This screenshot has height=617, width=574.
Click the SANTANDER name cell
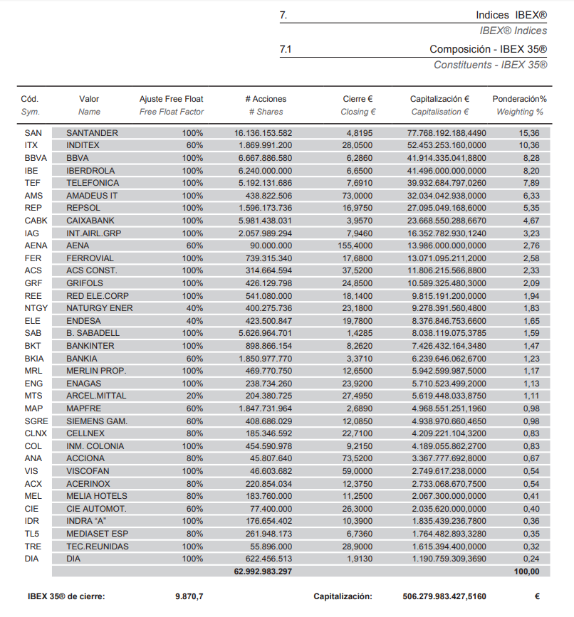coord(92,133)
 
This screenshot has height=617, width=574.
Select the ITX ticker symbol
coord(31,145)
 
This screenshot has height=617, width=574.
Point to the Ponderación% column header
coord(519,99)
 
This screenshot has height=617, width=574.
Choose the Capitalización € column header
coord(439,99)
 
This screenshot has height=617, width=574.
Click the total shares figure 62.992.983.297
coord(263,571)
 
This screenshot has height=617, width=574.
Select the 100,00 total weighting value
coord(528,571)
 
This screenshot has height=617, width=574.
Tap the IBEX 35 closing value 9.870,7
coord(189,596)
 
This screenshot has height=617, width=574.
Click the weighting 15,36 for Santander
coord(529,133)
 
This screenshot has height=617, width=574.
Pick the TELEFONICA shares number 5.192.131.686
coord(263,183)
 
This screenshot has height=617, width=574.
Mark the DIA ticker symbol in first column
coord(31,559)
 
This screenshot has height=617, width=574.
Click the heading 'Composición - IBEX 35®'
coord(488,50)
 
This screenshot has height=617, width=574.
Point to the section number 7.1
coord(286,50)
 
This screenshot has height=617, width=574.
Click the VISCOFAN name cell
coord(88,471)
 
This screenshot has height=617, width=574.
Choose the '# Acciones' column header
coord(266,99)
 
